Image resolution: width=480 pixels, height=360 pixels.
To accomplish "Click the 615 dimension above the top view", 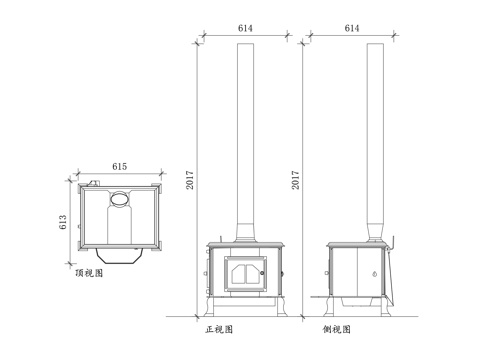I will pyautogui.click(x=119, y=164).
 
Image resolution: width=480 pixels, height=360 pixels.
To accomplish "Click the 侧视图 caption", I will pyautogui.click(x=338, y=329).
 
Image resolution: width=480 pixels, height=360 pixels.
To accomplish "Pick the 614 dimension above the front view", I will pyautogui.click(x=244, y=29).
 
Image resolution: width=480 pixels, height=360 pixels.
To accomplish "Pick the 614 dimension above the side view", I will pyautogui.click(x=351, y=29).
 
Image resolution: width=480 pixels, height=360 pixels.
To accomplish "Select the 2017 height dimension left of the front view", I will pyautogui.click(x=190, y=179).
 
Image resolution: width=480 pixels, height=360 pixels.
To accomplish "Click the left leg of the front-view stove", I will pyautogui.click(x=212, y=305).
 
